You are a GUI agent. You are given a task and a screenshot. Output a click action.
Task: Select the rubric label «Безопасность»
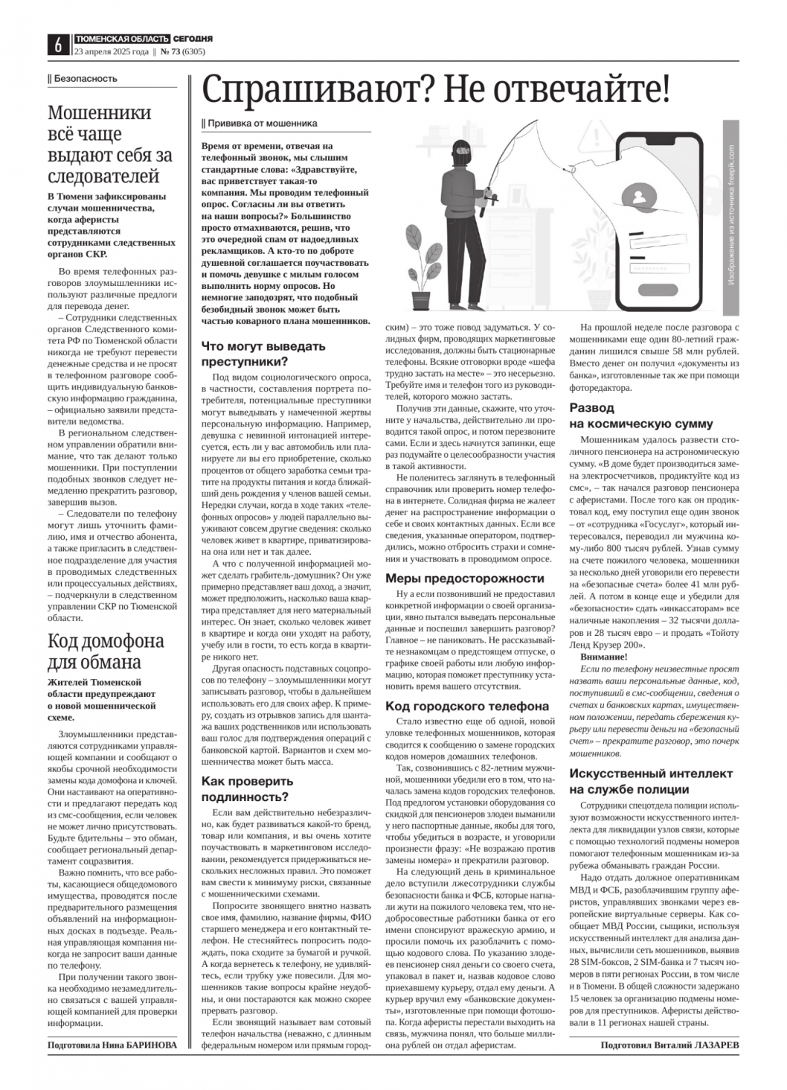tap(84, 79)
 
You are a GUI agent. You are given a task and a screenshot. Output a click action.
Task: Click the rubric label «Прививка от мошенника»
tap(262, 124)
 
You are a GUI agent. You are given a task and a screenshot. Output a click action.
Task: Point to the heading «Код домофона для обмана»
tap(106, 651)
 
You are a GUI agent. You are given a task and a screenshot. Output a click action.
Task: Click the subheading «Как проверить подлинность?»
tap(248, 788)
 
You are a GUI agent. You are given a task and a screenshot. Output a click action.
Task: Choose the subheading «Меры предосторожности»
tap(464, 579)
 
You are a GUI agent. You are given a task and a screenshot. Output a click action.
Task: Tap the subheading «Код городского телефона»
tap(466, 706)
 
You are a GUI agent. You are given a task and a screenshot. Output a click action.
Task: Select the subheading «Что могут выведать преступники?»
tap(263, 354)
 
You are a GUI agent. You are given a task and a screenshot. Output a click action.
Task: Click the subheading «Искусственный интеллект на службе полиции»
tap(651, 781)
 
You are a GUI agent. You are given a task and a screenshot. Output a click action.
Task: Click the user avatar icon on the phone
tap(640, 197)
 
